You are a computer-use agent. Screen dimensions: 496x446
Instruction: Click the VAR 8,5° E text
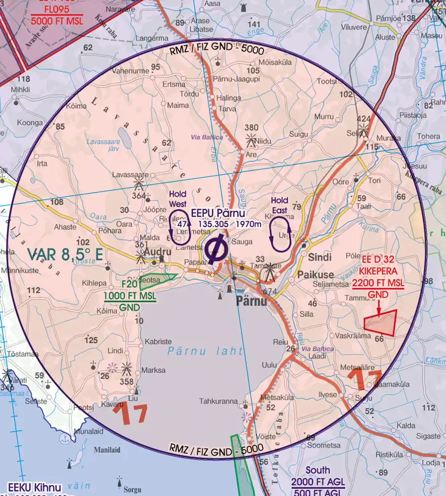click(65, 255)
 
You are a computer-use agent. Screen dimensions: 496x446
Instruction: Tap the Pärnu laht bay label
click(205, 351)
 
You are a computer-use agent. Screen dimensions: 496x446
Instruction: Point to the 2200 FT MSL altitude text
click(378, 284)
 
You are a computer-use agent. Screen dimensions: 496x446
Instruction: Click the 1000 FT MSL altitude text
click(129, 296)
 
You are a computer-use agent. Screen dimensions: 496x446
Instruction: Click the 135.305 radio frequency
click(214, 224)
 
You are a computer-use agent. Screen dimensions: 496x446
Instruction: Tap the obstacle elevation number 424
click(364, 119)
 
